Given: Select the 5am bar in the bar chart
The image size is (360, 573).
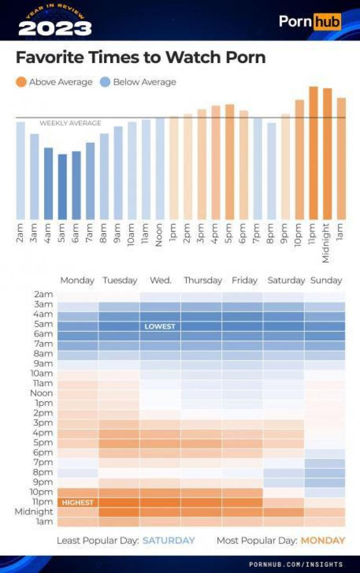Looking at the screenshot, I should point(63,186).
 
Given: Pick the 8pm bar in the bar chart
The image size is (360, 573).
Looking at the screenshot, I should point(271,171).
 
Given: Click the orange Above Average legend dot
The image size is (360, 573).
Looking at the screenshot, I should point(21,82).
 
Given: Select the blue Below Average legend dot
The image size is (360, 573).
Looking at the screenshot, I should point(105,82).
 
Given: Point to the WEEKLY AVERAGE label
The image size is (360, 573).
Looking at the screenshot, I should point(71,123).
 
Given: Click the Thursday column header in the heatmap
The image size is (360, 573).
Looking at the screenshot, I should point(202,280).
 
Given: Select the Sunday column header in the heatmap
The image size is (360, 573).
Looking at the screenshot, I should point(326,280).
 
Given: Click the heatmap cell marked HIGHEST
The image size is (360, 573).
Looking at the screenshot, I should point(78,502).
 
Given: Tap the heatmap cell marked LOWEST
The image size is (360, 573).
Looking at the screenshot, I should point(160,326).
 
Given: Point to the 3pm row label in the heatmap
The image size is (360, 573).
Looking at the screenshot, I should point(43,423).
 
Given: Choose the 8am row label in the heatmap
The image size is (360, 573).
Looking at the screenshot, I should point(43,353).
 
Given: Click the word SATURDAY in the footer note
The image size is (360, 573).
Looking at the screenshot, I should point(169,541).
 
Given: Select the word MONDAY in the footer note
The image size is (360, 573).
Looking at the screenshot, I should point(323,541).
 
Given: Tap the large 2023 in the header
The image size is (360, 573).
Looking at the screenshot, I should point(55,28).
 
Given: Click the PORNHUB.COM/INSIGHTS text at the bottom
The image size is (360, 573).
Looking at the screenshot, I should point(296,564).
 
